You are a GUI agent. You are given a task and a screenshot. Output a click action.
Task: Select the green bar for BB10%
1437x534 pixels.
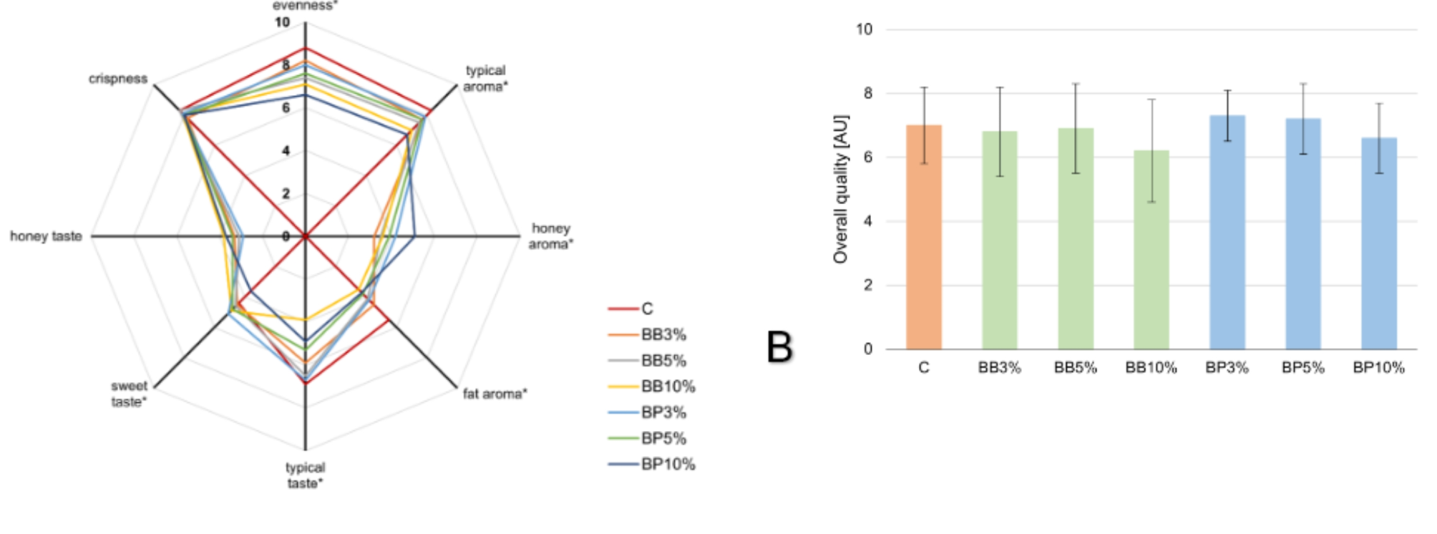tap(1151, 250)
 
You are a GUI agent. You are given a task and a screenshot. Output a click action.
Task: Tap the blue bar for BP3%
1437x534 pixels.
tap(1227, 233)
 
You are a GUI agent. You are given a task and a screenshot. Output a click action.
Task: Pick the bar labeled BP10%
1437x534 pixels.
tap(1378, 243)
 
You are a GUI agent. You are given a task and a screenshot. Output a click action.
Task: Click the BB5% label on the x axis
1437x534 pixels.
tap(1075, 368)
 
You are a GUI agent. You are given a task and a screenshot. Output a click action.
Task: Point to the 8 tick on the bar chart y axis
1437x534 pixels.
tap(867, 94)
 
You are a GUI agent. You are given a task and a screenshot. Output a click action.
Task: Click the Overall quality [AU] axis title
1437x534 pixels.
tap(841, 189)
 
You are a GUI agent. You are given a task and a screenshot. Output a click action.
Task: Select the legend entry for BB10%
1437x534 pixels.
tap(667, 387)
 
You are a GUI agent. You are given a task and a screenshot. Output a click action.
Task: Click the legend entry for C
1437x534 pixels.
tap(646, 309)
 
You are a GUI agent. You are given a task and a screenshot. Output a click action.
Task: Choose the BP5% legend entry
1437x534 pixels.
tap(663, 438)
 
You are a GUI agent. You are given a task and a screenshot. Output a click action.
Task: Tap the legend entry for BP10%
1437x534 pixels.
tap(667, 464)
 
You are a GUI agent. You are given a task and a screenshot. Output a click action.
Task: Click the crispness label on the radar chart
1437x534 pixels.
tap(118, 79)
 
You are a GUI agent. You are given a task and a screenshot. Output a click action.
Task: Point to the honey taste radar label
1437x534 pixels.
tap(46, 236)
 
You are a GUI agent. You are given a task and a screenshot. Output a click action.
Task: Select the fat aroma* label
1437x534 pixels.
tap(495, 394)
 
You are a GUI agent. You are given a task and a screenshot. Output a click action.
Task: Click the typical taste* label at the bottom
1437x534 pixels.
tap(306, 475)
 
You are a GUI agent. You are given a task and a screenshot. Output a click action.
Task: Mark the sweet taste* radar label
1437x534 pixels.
tap(130, 394)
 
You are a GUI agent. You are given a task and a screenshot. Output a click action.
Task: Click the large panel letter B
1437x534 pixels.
tap(779, 347)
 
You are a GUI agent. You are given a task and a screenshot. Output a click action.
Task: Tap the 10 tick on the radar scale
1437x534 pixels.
tap(282, 22)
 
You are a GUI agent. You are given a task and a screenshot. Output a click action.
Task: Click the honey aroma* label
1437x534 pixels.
tap(550, 236)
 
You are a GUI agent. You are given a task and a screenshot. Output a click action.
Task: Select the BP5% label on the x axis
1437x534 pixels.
tap(1302, 368)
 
